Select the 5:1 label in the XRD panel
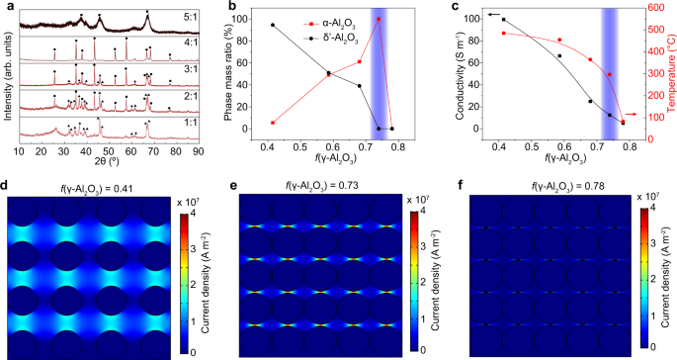coord(190,17)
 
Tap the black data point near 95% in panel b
coord(273,25)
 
